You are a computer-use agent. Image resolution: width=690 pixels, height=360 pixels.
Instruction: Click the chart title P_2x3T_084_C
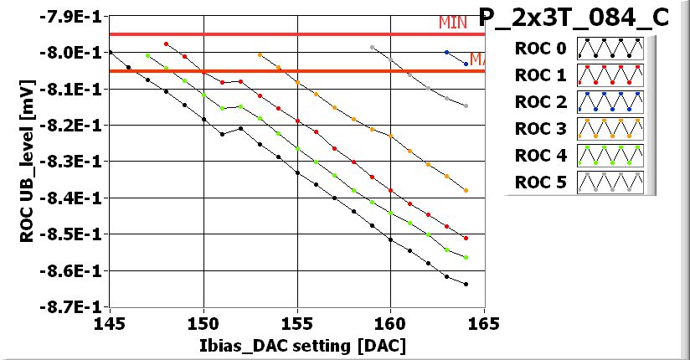click(x=574, y=17)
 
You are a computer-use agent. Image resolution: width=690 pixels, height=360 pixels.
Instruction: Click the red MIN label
click(x=453, y=23)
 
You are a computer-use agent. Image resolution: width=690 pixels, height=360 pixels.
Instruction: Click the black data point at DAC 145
click(x=111, y=52)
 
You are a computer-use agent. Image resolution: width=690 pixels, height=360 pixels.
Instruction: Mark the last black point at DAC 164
click(x=466, y=285)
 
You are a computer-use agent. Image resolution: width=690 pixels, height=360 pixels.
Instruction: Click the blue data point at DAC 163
click(x=447, y=52)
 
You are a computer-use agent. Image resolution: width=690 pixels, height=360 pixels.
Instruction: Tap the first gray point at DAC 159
click(x=372, y=47)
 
